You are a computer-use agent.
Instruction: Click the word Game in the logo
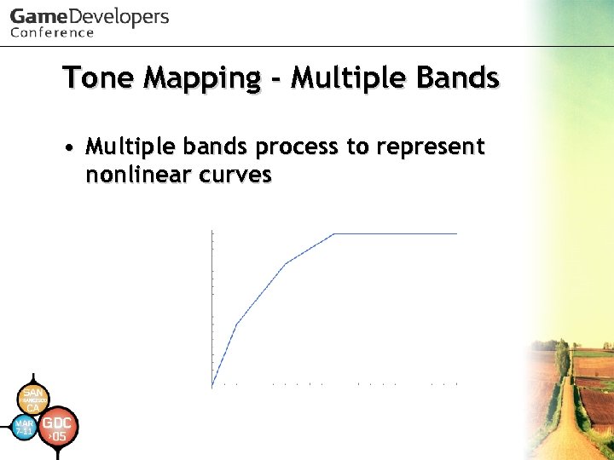coord(36,17)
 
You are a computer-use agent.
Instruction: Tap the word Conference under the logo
coord(52,33)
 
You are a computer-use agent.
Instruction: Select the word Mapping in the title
coord(203,79)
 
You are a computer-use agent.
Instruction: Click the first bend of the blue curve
coord(236,324)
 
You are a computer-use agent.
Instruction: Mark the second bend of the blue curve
coord(286,263)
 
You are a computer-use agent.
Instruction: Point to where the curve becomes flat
coord(333,233)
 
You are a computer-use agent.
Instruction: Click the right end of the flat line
coord(457,233)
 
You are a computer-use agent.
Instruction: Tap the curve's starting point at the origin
coord(212,388)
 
